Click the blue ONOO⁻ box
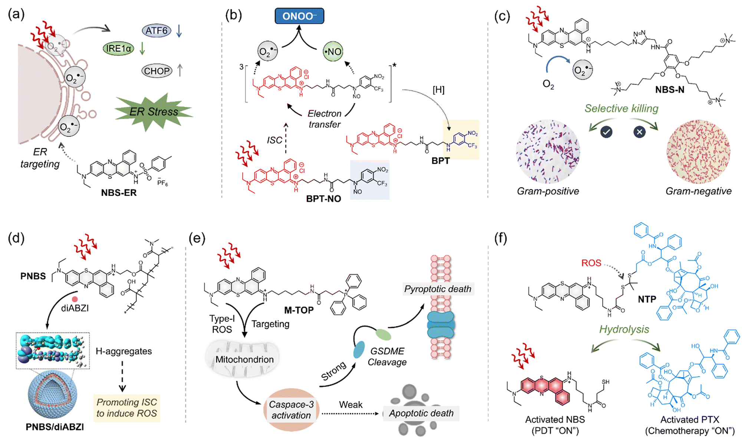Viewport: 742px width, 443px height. [x=299, y=16]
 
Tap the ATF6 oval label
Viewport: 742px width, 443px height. [x=156, y=30]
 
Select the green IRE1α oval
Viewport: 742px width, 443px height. [x=118, y=49]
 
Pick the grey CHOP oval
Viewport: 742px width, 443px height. [x=157, y=71]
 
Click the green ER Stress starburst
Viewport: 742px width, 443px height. [x=154, y=111]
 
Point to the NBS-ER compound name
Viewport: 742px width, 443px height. [x=119, y=193]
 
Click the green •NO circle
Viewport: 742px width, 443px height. [x=333, y=52]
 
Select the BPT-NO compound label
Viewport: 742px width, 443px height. [x=323, y=199]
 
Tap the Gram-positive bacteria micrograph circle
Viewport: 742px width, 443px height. [x=548, y=152]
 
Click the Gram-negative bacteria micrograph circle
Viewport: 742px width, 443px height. [x=698, y=152]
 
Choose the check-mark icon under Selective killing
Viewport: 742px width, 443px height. [x=606, y=132]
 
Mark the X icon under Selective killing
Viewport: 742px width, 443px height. [x=639, y=132]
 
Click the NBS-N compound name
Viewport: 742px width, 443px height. [x=670, y=90]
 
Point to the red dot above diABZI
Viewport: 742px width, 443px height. [x=75, y=299]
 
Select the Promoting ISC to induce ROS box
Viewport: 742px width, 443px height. [x=127, y=408]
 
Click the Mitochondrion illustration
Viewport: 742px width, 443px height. [x=243, y=359]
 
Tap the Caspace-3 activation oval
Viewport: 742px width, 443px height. [x=291, y=410]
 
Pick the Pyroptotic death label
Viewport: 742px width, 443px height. [x=437, y=289]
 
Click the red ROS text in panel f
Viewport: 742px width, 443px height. [x=591, y=263]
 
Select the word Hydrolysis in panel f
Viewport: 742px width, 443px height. [x=624, y=329]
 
